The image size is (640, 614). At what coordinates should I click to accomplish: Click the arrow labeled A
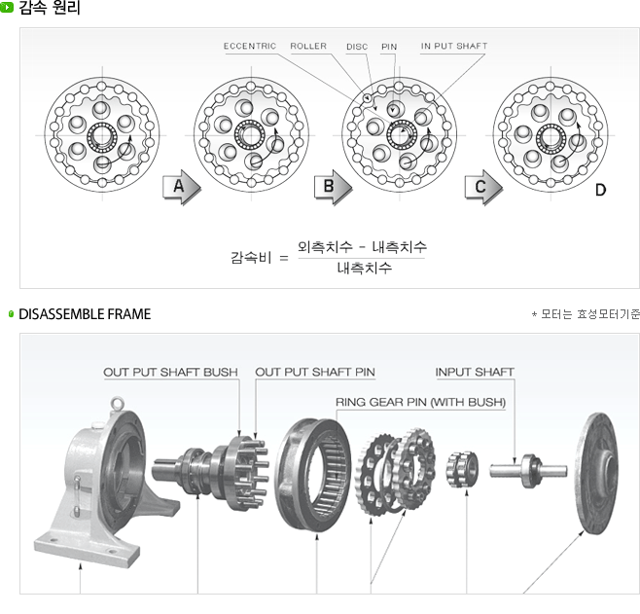click(181, 188)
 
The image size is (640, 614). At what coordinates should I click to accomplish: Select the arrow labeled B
click(332, 188)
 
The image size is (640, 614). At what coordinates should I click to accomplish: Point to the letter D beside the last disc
click(600, 190)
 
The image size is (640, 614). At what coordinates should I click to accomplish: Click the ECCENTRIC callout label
click(250, 46)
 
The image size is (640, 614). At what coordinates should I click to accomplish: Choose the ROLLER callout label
click(308, 46)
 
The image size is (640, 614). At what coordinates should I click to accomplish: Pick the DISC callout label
click(357, 46)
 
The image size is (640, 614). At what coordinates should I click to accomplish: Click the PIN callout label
click(389, 46)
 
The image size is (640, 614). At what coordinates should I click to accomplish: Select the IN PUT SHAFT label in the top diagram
click(454, 46)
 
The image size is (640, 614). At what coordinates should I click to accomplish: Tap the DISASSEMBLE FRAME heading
click(85, 314)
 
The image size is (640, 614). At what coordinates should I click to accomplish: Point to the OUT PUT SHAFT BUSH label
click(171, 372)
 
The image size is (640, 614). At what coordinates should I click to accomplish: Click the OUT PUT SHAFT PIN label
click(315, 372)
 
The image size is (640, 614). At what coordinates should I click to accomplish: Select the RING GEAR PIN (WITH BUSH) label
click(420, 401)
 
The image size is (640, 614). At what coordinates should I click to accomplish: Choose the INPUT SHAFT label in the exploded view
click(475, 372)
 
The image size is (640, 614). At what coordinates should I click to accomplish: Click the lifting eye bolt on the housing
click(117, 402)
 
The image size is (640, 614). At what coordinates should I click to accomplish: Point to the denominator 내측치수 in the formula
click(365, 268)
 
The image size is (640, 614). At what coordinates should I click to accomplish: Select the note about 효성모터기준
click(586, 315)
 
